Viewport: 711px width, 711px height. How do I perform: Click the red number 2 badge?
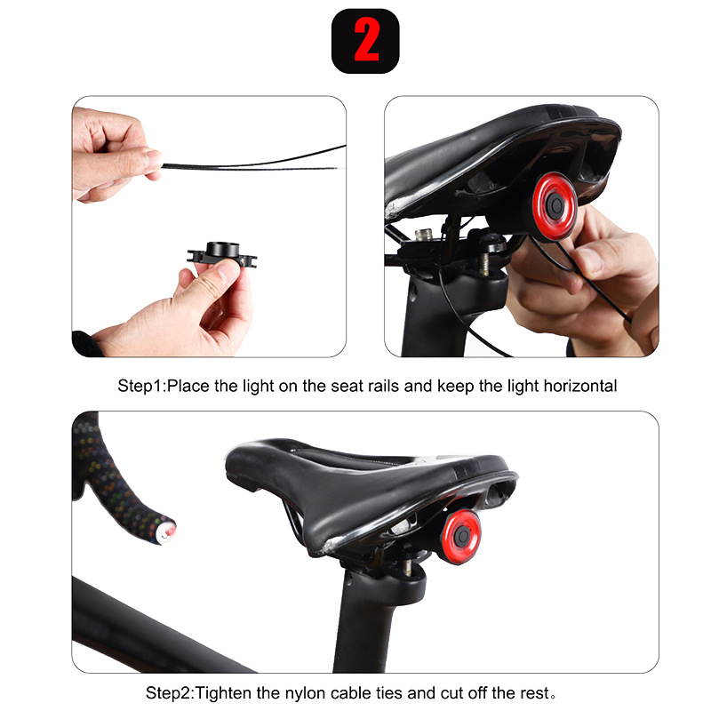[365, 41]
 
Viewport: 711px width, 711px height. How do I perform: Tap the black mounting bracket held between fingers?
[221, 254]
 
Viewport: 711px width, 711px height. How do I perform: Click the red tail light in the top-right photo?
[555, 207]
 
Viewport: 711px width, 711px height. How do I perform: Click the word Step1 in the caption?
[140, 387]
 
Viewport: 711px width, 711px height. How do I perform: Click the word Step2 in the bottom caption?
[168, 692]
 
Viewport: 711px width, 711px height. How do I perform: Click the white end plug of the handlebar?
[166, 532]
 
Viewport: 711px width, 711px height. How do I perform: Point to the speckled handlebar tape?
[107, 480]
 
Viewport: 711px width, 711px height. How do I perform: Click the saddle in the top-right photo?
[498, 151]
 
